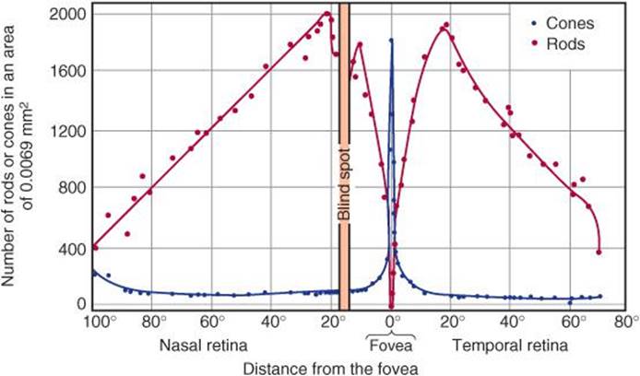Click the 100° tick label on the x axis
[x=96, y=323]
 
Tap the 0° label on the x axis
[x=393, y=323]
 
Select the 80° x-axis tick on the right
[x=627, y=323]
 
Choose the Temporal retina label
[x=509, y=346]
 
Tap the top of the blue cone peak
[x=391, y=41]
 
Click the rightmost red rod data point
[x=599, y=252]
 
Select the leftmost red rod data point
[x=95, y=247]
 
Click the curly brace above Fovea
[x=393, y=333]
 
